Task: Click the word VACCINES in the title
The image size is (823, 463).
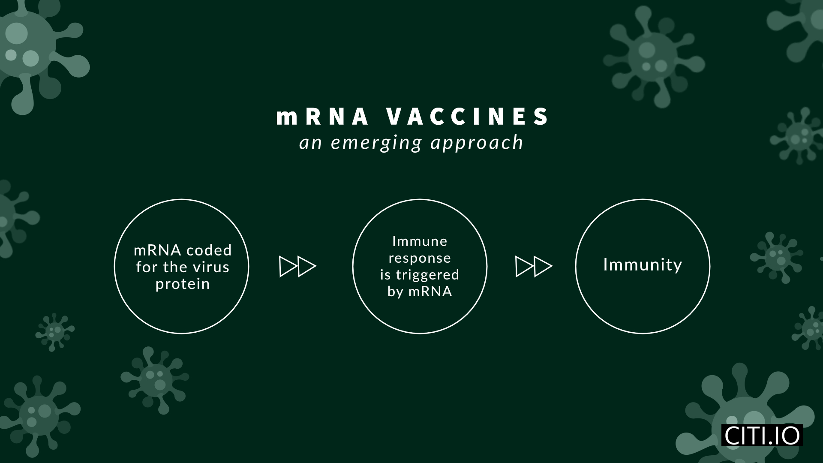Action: pyautogui.click(x=467, y=116)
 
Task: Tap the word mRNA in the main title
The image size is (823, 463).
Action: pyautogui.click(x=322, y=116)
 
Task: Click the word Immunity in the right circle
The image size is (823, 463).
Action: pyautogui.click(x=643, y=265)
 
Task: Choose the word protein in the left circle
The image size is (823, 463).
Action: pyautogui.click(x=183, y=284)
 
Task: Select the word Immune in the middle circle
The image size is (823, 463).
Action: pyautogui.click(x=420, y=241)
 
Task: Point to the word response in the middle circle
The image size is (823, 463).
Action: pyautogui.click(x=420, y=258)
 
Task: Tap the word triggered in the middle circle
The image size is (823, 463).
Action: pyautogui.click(x=427, y=275)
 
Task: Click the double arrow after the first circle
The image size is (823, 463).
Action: pyautogui.click(x=297, y=267)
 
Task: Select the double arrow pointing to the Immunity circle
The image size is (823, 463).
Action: pyautogui.click(x=534, y=267)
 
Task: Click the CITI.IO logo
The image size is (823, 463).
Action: pyautogui.click(x=762, y=435)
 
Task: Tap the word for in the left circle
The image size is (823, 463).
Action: pyautogui.click(x=147, y=267)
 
